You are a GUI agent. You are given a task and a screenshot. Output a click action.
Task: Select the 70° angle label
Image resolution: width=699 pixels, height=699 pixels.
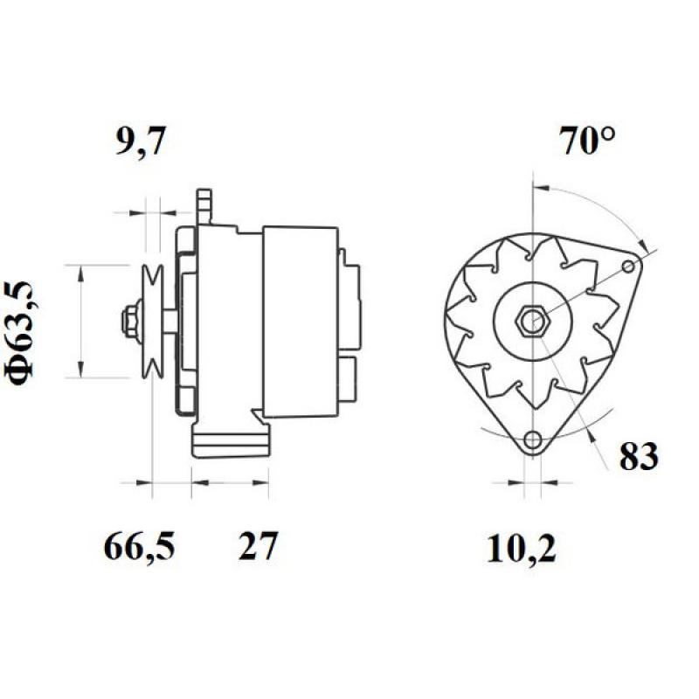coord(589,141)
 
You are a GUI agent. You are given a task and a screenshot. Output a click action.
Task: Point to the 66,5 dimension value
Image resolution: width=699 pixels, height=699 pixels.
coord(140,548)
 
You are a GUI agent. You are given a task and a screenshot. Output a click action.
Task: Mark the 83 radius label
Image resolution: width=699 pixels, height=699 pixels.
coord(640,456)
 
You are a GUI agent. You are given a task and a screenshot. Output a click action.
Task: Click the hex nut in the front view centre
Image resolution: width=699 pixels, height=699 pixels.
coord(531,321)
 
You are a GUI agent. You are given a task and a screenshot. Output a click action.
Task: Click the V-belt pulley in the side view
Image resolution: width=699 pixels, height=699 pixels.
coord(155,321)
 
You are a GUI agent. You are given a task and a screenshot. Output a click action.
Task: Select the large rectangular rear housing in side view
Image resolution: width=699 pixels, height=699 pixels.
coord(300,321)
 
